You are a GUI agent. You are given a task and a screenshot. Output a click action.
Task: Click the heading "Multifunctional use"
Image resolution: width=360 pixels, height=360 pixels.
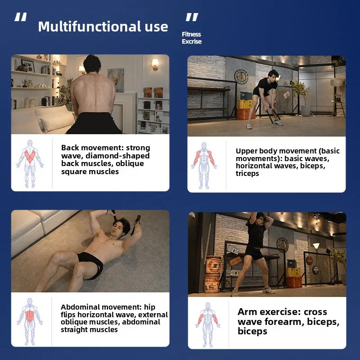coord(103,27)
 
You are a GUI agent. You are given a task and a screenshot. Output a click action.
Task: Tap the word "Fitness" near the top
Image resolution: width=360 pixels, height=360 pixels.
coord(191,34)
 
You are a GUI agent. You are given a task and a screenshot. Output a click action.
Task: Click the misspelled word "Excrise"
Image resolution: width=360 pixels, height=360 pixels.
coord(192,41)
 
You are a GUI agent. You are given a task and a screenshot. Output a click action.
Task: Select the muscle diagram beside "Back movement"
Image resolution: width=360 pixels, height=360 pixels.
coord(30,164)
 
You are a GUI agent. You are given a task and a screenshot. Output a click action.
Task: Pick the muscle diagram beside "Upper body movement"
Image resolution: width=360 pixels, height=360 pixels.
coord(204,166)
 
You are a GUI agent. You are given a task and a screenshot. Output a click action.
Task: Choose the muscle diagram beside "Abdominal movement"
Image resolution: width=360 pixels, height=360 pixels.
coord(30,321)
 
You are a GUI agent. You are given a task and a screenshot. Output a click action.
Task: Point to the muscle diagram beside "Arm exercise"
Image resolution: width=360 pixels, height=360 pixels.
coord(208,324)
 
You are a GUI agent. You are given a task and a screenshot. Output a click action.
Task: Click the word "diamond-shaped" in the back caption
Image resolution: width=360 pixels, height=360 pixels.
coord(117,156)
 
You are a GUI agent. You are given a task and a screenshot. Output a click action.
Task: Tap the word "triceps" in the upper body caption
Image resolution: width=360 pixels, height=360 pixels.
coord(247,174)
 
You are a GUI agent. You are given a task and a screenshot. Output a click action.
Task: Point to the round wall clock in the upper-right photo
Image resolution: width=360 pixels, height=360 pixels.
coord(241,76)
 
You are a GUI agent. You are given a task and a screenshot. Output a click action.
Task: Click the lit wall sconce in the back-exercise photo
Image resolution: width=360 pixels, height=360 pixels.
coord(155,64)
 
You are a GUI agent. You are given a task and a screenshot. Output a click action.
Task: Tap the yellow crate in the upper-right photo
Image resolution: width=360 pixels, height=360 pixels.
coord(245,104)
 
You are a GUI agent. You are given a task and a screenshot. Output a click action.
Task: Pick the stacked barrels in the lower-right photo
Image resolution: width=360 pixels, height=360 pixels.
coord(212,274)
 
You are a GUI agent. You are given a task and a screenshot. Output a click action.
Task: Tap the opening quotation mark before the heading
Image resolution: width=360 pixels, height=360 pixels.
coord(20,17)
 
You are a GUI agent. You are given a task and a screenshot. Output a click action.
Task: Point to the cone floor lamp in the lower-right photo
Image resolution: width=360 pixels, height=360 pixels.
coord(316,246)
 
